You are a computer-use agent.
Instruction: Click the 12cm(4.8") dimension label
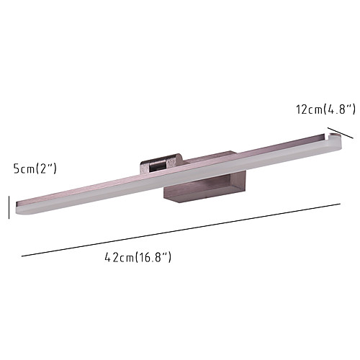click(x=325, y=109)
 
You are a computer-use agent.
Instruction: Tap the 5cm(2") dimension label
click(x=35, y=168)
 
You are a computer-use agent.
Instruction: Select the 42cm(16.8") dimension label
click(x=138, y=257)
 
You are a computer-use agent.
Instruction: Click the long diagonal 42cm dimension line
click(x=181, y=230)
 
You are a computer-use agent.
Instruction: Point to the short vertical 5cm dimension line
click(x=9, y=207)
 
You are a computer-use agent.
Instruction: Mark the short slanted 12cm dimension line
click(x=341, y=133)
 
